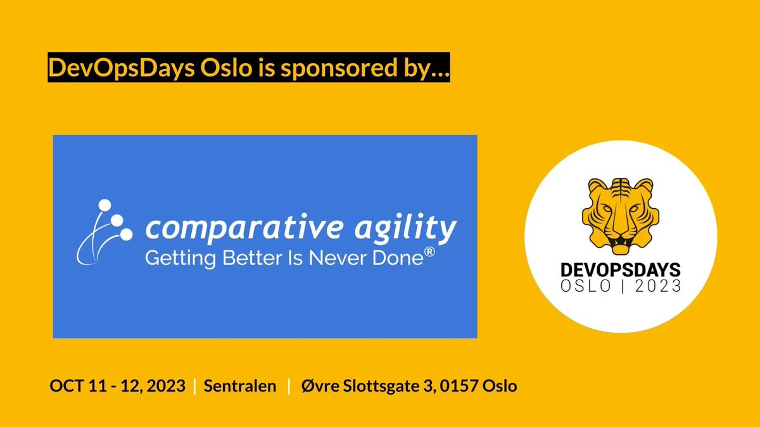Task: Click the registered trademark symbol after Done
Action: tap(429, 252)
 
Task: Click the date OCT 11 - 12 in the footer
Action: tap(94, 386)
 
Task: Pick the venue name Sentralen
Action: tap(240, 386)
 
